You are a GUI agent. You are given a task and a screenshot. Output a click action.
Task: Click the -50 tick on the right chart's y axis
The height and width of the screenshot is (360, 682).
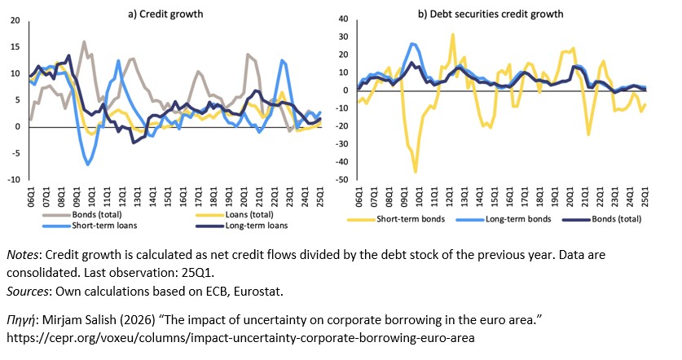pyautogui.click(x=344, y=180)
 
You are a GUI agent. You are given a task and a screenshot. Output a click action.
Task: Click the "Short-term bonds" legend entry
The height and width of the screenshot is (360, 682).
pyautogui.click(x=410, y=219)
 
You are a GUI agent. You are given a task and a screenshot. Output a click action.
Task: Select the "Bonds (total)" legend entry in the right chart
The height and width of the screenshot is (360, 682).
pyautogui.click(x=616, y=219)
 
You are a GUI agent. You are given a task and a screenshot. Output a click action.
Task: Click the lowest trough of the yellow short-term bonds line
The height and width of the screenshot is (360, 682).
pyautogui.click(x=415, y=172)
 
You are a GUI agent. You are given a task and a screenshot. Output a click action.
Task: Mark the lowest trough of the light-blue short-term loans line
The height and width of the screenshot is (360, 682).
pyautogui.click(x=88, y=165)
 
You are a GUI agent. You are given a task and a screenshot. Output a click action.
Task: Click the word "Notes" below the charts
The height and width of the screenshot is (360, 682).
pyautogui.click(x=22, y=255)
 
